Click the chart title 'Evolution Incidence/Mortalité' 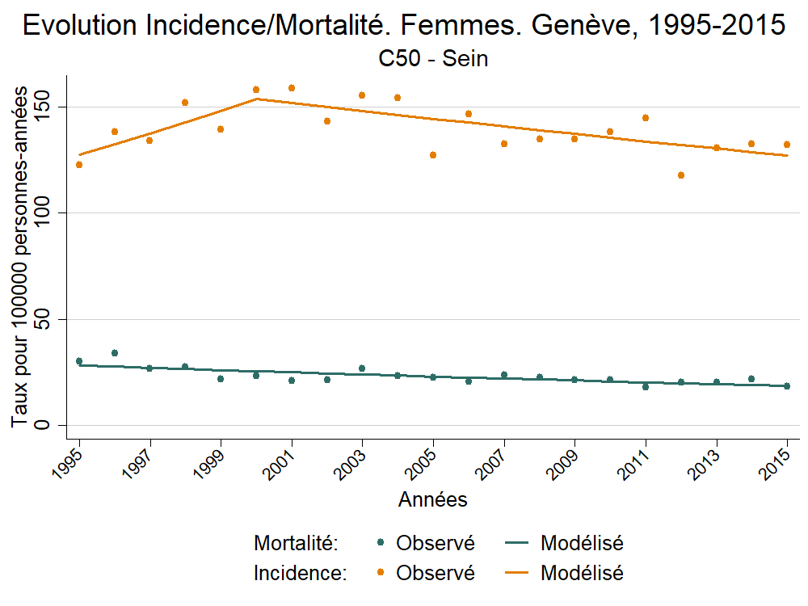pyautogui.click(x=404, y=25)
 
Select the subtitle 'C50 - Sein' pyautogui.click(x=433, y=59)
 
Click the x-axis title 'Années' pyautogui.click(x=433, y=500)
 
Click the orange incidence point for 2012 pyautogui.click(x=680, y=175)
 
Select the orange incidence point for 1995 pyautogui.click(x=79, y=165)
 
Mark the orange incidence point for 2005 pyautogui.click(x=433, y=155)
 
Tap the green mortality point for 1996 pyautogui.click(x=115, y=353)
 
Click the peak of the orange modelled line pyautogui.click(x=256, y=99)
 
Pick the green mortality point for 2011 pyautogui.click(x=646, y=387)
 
